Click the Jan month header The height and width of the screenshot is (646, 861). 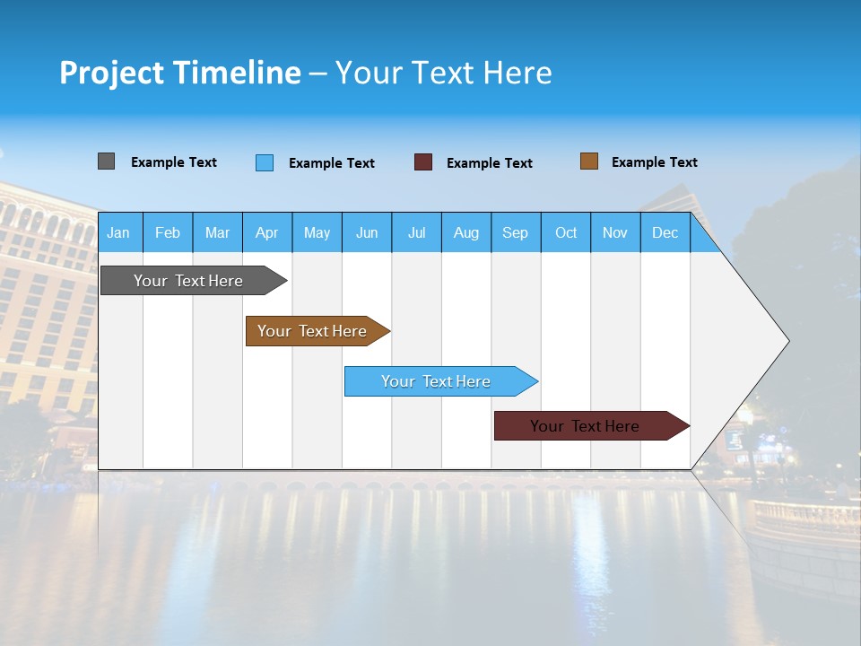pos(118,232)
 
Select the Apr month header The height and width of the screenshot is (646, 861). pos(266,232)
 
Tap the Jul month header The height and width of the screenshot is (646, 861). pos(416,232)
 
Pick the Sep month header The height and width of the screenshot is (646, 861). pos(515,232)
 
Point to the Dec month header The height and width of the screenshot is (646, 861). pos(665,232)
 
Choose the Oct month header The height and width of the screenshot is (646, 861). pos(566,232)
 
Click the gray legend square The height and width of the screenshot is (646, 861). pos(106,161)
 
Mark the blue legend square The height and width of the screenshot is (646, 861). pos(265,162)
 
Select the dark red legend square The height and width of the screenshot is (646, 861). pos(423,162)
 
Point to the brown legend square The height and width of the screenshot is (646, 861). pos(589,161)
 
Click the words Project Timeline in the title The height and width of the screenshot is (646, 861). pos(180,73)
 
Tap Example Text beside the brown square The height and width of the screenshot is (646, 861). pos(654,162)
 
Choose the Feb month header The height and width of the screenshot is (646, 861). pos(168,232)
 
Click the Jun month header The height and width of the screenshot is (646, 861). pos(367,232)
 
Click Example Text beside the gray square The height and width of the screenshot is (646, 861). pos(174,162)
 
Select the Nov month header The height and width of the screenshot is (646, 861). pos(615,232)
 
